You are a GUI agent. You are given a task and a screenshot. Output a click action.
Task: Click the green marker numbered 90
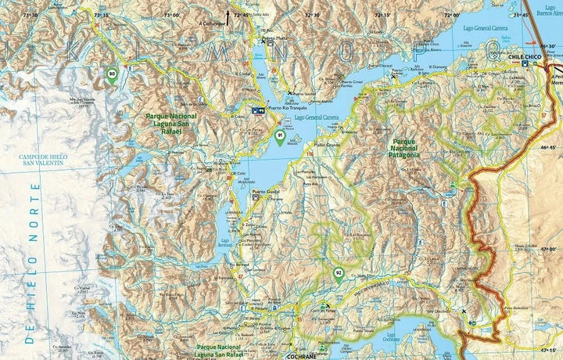pos(113,75)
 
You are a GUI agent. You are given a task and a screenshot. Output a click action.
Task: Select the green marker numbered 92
pos(339,274)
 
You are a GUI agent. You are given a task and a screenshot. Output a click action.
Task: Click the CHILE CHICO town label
pos(525,57)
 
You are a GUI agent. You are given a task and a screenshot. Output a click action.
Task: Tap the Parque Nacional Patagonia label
pos(403,148)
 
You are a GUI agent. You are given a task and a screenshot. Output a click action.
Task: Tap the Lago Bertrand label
pos(226,244)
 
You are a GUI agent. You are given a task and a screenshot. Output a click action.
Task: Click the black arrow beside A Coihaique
pos(228,15)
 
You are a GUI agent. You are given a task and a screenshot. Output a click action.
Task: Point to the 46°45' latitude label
pos(549,146)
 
